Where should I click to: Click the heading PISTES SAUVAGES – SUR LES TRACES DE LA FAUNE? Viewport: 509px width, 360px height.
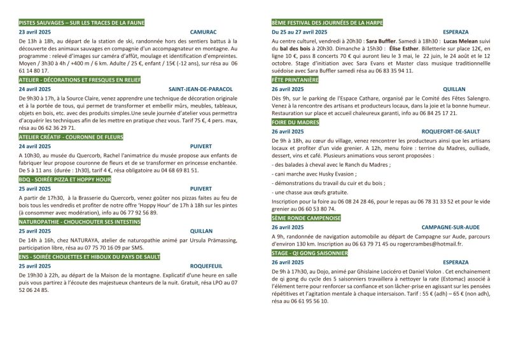tap(82, 22)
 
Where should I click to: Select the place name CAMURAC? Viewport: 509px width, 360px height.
tap(203, 31)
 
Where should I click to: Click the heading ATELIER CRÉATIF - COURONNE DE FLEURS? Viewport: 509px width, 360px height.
tap(71, 137)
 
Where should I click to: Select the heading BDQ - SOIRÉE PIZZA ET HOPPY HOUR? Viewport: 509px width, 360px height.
tap(64, 180)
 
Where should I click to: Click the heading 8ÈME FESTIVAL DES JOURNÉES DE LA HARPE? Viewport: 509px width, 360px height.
tap(327, 22)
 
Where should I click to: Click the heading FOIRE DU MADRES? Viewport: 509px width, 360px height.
tap(295, 121)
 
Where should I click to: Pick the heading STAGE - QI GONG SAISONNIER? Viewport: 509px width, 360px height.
tap(309, 253)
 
